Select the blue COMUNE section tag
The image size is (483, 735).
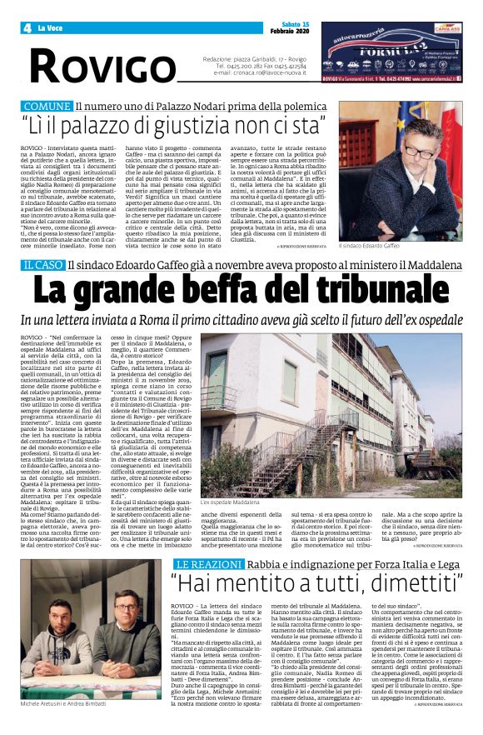tap(47, 107)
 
